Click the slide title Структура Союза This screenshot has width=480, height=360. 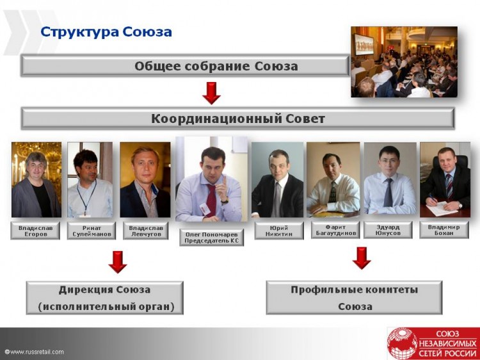pyautogui.click(x=106, y=32)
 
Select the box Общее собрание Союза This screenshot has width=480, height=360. pyautogui.click(x=185, y=66)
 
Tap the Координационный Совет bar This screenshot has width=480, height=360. pyautogui.click(x=238, y=119)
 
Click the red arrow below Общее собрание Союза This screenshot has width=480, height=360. pyautogui.click(x=211, y=93)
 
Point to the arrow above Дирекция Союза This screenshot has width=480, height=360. pyautogui.click(x=118, y=262)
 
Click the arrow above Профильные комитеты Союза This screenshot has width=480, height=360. pyautogui.click(x=362, y=258)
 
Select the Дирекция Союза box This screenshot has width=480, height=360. pyautogui.click(x=105, y=298)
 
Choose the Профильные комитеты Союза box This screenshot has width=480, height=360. pyautogui.click(x=354, y=297)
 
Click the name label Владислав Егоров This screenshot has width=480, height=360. pyautogui.click(x=35, y=231)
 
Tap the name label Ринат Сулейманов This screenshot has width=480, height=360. pyautogui.click(x=92, y=231)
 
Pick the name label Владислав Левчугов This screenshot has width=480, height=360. pyautogui.click(x=146, y=231)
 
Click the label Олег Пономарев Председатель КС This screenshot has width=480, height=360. pyautogui.click(x=212, y=238)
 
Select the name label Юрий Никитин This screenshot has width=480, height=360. pyautogui.click(x=279, y=231)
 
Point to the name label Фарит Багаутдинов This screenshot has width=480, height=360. pyautogui.click(x=335, y=230)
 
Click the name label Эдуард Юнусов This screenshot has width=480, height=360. pyautogui.click(x=388, y=230)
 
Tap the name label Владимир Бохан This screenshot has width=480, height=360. pyautogui.click(x=444, y=230)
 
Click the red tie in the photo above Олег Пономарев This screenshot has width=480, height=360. pyautogui.click(x=211, y=199)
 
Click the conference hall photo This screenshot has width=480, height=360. pyautogui.click(x=404, y=62)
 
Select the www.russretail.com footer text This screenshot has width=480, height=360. pyautogui.click(x=35, y=352)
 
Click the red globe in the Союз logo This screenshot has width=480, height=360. pyautogui.click(x=402, y=343)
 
